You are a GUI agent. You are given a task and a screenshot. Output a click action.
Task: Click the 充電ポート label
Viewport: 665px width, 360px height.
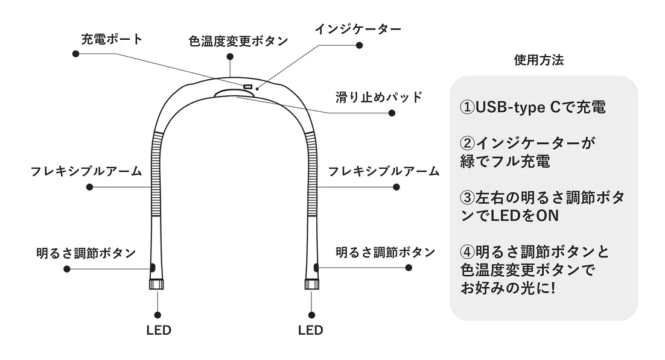click(112, 40)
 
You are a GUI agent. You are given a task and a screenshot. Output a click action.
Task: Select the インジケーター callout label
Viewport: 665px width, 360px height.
click(357, 28)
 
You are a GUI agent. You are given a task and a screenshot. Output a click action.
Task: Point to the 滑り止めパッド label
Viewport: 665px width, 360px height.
click(378, 97)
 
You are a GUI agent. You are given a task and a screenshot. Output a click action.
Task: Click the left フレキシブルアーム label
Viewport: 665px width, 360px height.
click(86, 171)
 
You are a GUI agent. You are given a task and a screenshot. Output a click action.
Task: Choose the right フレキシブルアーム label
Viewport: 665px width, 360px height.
click(384, 171)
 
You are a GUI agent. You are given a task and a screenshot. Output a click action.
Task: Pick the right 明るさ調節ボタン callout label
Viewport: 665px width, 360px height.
click(385, 252)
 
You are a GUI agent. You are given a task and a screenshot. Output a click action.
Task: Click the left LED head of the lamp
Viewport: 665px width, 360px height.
click(156, 284)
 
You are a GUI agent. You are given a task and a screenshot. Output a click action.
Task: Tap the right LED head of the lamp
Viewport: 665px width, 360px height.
click(311, 284)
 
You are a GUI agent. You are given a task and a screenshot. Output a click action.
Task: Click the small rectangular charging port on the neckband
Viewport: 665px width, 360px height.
click(247, 87)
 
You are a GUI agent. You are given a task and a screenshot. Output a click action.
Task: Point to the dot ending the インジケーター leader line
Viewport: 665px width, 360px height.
click(360, 46)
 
